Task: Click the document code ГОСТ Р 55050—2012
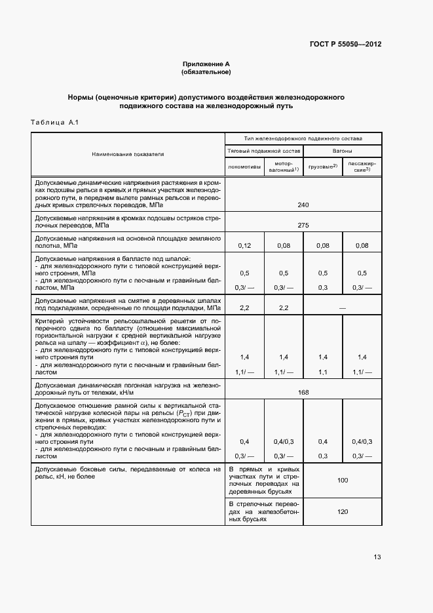(x=345, y=45)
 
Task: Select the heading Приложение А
(x=206, y=64)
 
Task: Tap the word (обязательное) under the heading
(x=206, y=72)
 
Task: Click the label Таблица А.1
(x=55, y=123)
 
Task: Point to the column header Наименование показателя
(x=128, y=154)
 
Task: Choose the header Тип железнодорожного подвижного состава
(x=303, y=139)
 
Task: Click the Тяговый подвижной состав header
(x=264, y=150)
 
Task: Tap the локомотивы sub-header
(x=244, y=167)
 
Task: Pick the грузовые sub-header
(x=322, y=167)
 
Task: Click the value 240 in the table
(x=303, y=205)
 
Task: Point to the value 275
(x=303, y=225)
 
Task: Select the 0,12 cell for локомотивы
(x=244, y=245)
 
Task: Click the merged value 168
(x=303, y=392)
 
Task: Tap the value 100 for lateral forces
(x=342, y=481)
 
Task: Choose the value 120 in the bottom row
(x=342, y=511)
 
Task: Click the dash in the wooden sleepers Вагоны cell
(x=342, y=307)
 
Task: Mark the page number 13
(x=377, y=557)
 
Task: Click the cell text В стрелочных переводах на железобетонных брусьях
(x=263, y=511)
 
